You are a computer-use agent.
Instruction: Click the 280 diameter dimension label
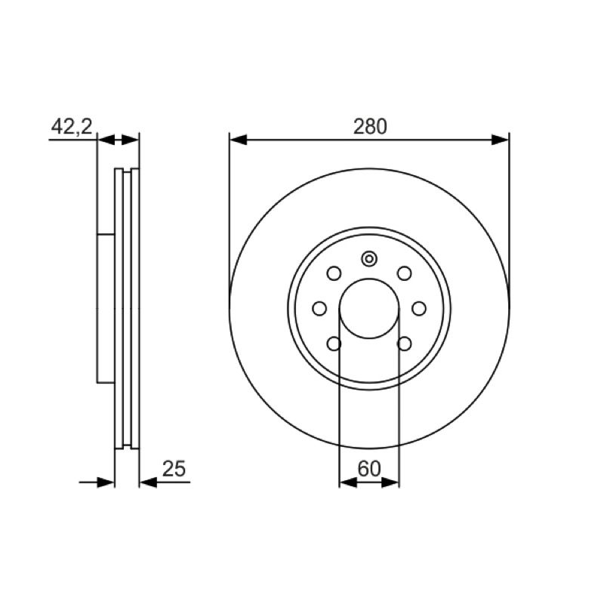tap(370, 127)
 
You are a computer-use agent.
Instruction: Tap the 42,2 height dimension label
tap(72, 126)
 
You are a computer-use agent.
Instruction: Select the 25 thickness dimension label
tap(174, 468)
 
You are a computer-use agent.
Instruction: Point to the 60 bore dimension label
tap(369, 468)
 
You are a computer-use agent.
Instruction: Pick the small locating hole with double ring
tap(369, 258)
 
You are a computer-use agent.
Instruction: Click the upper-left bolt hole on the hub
tap(334, 273)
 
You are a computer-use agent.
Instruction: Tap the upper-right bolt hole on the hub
tap(405, 273)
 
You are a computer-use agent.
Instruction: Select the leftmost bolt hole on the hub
tap(319, 309)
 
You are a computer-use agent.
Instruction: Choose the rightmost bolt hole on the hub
tap(419, 309)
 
